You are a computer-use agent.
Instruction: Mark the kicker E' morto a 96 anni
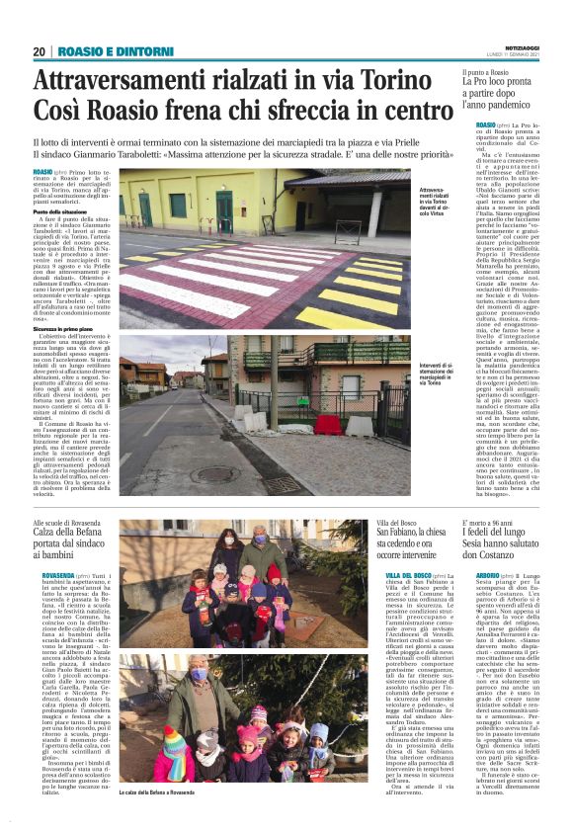(x=490, y=522)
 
